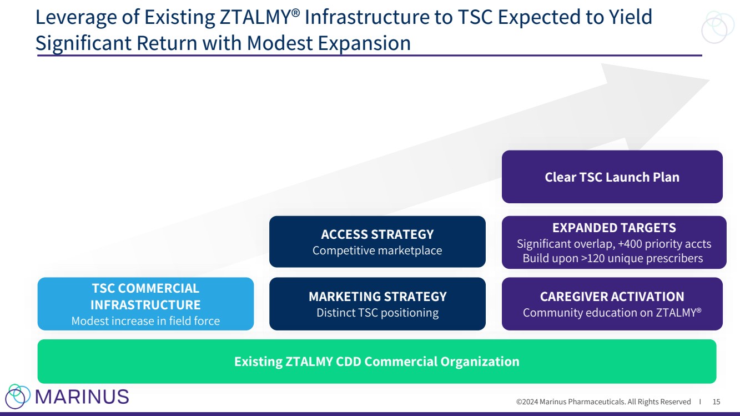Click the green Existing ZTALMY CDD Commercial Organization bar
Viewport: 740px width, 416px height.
376,362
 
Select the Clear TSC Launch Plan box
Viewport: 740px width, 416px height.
612,177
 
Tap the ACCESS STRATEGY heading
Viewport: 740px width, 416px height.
377,234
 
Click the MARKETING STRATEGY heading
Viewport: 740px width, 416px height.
377,297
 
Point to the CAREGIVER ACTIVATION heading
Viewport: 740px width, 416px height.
612,297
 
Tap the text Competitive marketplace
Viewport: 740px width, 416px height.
377,250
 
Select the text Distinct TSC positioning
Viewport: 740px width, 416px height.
377,313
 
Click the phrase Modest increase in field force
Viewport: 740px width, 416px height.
145,321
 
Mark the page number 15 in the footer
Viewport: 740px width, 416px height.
716,402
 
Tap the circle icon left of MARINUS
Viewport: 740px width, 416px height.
18,396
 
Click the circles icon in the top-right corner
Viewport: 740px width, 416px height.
717,27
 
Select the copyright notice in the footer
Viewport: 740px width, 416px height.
603,402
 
